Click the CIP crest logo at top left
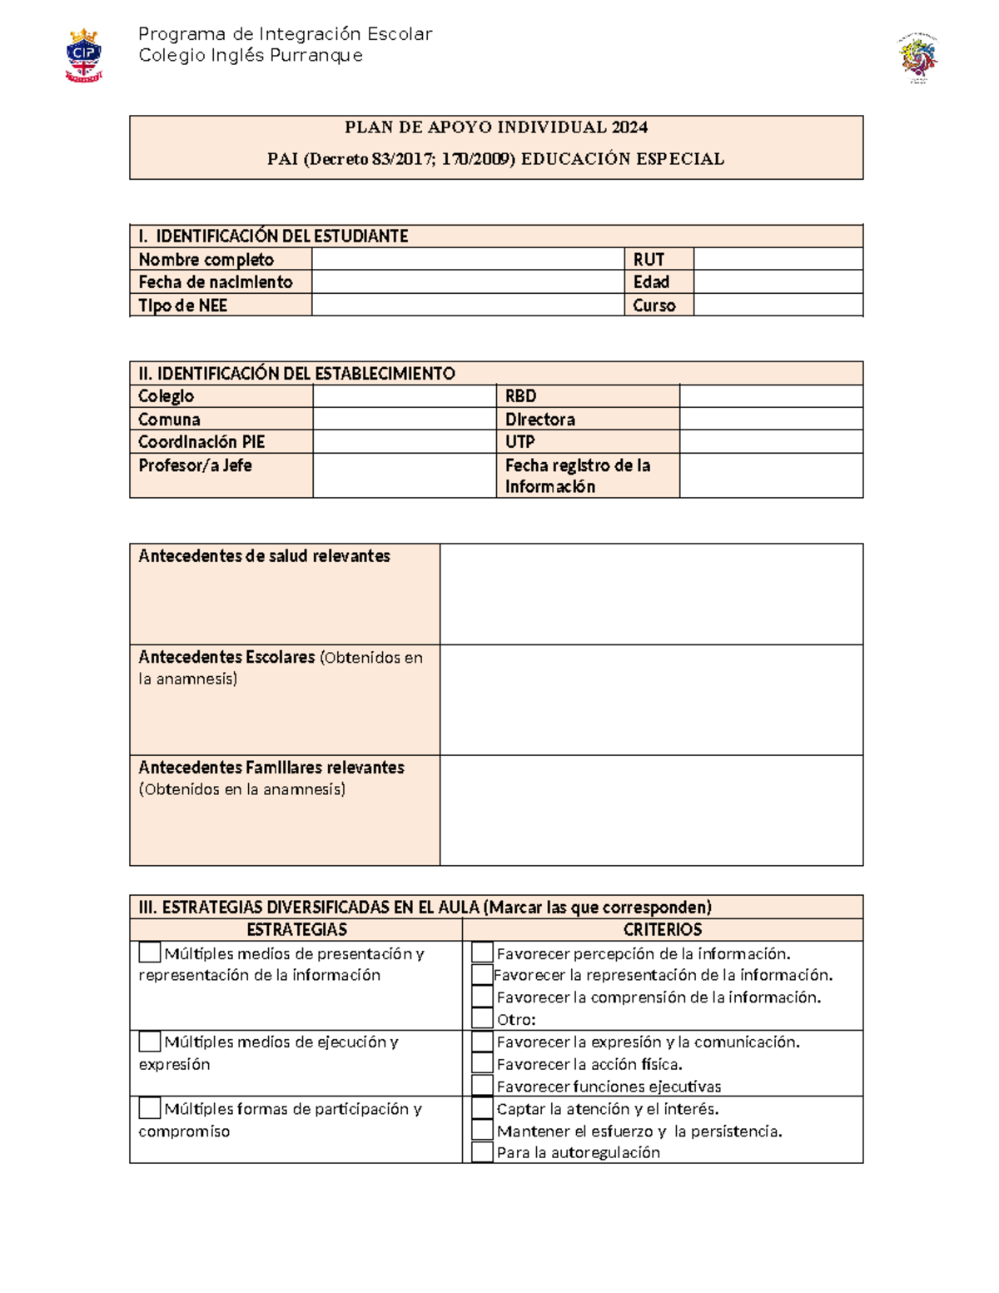(x=83, y=55)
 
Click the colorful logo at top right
(x=917, y=58)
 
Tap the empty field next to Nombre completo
(x=468, y=259)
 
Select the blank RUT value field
(x=778, y=259)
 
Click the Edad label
(x=651, y=282)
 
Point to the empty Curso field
(x=778, y=306)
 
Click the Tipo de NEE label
(x=183, y=306)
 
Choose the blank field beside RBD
(x=771, y=395)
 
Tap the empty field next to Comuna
(x=405, y=419)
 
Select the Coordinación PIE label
(x=201, y=442)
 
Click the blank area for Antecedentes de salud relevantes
(x=651, y=594)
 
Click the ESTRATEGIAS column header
(x=296, y=930)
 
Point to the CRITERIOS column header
(x=663, y=930)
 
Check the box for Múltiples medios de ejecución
(x=150, y=1042)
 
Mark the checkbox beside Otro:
(x=482, y=1018)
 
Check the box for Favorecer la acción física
(x=482, y=1063)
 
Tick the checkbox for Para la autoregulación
(x=482, y=1152)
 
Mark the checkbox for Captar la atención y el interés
(x=482, y=1108)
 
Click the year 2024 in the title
(x=629, y=127)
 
